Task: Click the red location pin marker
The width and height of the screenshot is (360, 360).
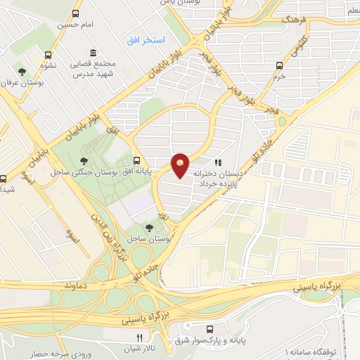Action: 181,165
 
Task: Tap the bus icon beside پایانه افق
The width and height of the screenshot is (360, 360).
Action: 136,160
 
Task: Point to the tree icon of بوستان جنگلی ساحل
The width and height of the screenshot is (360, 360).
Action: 85,146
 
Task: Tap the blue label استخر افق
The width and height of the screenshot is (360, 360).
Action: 146,41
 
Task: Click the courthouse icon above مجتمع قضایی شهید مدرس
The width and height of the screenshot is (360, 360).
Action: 93,53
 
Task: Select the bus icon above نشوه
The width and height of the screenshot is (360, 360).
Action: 48,55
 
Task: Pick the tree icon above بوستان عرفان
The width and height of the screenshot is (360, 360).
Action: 22,71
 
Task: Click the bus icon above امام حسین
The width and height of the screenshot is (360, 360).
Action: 76,13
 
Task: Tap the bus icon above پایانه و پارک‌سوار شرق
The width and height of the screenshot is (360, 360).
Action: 210,328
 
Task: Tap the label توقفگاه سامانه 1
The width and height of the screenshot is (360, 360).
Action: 321,349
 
